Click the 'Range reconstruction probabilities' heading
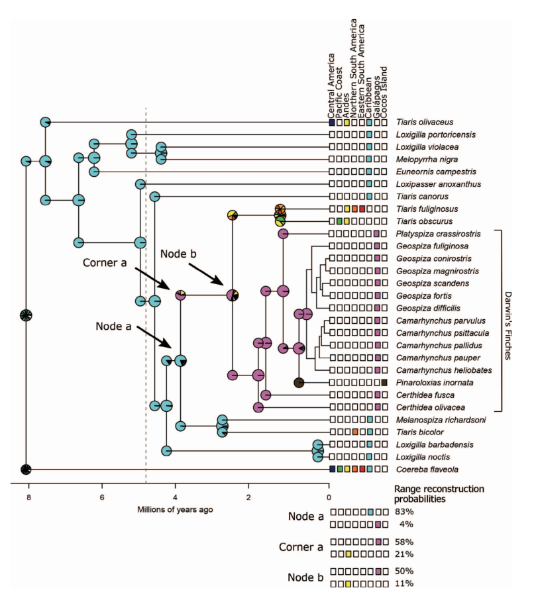click(429, 494)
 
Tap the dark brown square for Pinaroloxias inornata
click(384, 382)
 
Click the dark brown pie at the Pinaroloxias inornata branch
click(299, 382)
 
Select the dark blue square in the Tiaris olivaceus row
click(333, 123)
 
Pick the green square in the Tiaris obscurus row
click(340, 221)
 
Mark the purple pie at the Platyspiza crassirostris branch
click(283, 234)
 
